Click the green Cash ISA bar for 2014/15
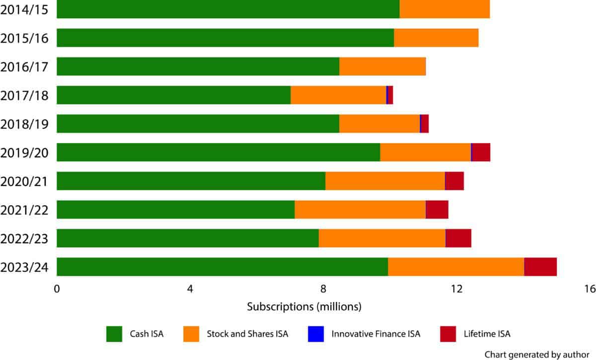228,9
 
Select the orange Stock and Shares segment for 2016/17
382,67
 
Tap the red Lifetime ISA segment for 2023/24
540,267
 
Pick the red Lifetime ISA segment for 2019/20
481,152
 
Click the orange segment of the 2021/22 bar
360,210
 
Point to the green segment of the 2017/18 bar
173,95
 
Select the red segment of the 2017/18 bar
390,95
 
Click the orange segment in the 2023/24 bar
456,267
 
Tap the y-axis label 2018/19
25,124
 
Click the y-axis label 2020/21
25,181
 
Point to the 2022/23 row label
25,238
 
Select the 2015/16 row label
25,38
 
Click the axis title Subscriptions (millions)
304,307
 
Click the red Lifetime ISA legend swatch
448,334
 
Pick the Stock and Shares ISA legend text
247,334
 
